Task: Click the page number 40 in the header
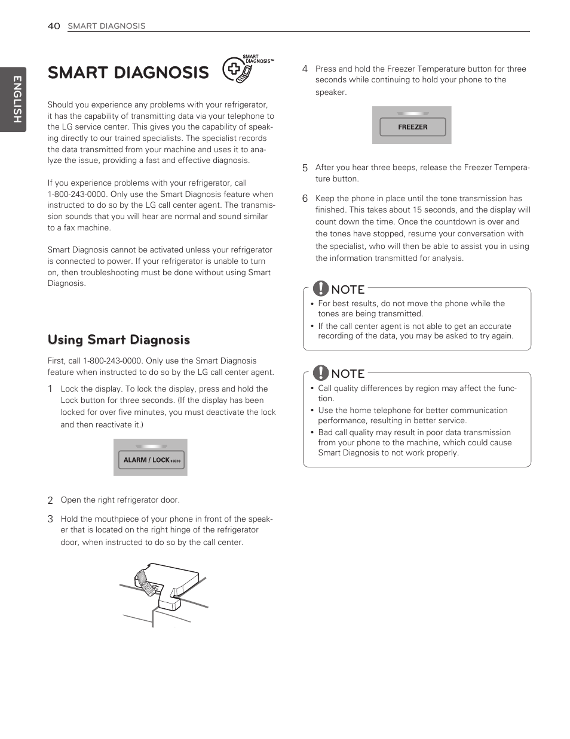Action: [54, 26]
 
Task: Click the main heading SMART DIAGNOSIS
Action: [128, 73]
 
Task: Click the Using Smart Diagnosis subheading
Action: [119, 340]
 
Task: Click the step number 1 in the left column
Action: [50, 389]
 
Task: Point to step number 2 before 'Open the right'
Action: [50, 500]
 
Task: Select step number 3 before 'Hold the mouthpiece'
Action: [50, 519]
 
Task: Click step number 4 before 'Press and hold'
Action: [305, 69]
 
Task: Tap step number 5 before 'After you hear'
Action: [305, 168]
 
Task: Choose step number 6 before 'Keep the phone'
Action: [305, 199]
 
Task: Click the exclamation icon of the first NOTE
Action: [321, 288]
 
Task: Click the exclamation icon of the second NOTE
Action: [321, 373]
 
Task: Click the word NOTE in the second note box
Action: [348, 374]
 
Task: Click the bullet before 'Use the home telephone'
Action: [312, 411]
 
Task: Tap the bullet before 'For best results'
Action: [312, 304]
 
